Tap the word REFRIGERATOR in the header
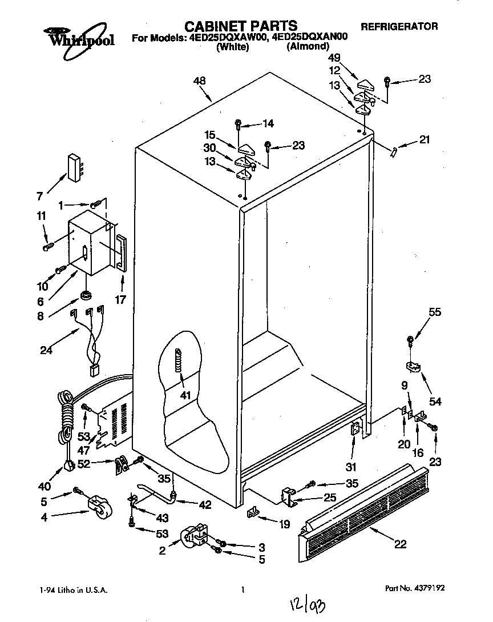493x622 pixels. [399, 26]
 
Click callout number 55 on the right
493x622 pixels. [435, 312]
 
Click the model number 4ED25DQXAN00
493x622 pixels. [309, 38]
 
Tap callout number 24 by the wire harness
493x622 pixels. [46, 350]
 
